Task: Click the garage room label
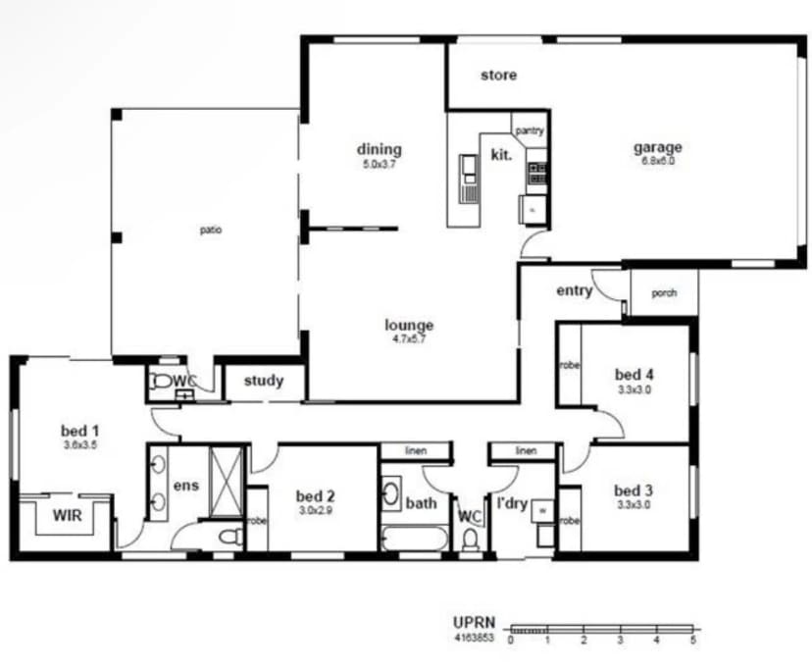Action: click(x=657, y=148)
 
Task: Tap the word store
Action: click(x=498, y=75)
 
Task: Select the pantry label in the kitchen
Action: click(x=530, y=129)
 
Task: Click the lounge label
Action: click(x=409, y=326)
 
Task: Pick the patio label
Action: click(x=210, y=231)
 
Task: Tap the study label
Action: click(x=264, y=381)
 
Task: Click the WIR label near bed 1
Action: click(x=67, y=514)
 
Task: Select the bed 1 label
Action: click(x=80, y=430)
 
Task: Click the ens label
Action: click(x=186, y=486)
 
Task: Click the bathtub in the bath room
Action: click(x=413, y=539)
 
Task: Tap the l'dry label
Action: click(x=513, y=504)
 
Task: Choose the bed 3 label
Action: click(x=634, y=490)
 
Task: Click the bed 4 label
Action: click(x=634, y=374)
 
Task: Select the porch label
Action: click(x=664, y=292)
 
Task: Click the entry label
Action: click(x=574, y=290)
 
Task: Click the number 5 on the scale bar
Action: click(x=693, y=640)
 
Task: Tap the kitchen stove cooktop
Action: click(x=536, y=174)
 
